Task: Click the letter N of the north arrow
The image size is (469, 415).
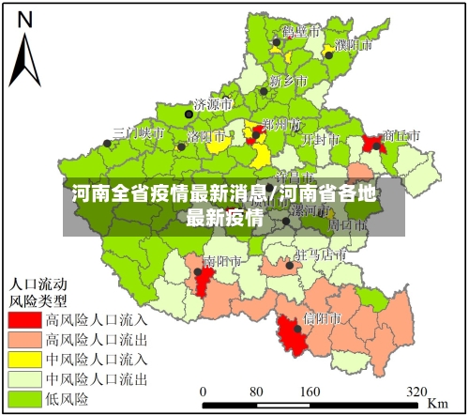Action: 26,20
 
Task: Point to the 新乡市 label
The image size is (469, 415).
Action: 288,81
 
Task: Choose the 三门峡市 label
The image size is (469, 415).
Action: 139,133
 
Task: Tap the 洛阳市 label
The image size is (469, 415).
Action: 207,135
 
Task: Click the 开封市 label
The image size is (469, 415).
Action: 320,138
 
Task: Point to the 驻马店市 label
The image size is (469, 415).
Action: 319,255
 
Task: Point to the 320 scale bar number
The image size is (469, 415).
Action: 417,392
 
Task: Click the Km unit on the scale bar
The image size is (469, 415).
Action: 437,403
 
